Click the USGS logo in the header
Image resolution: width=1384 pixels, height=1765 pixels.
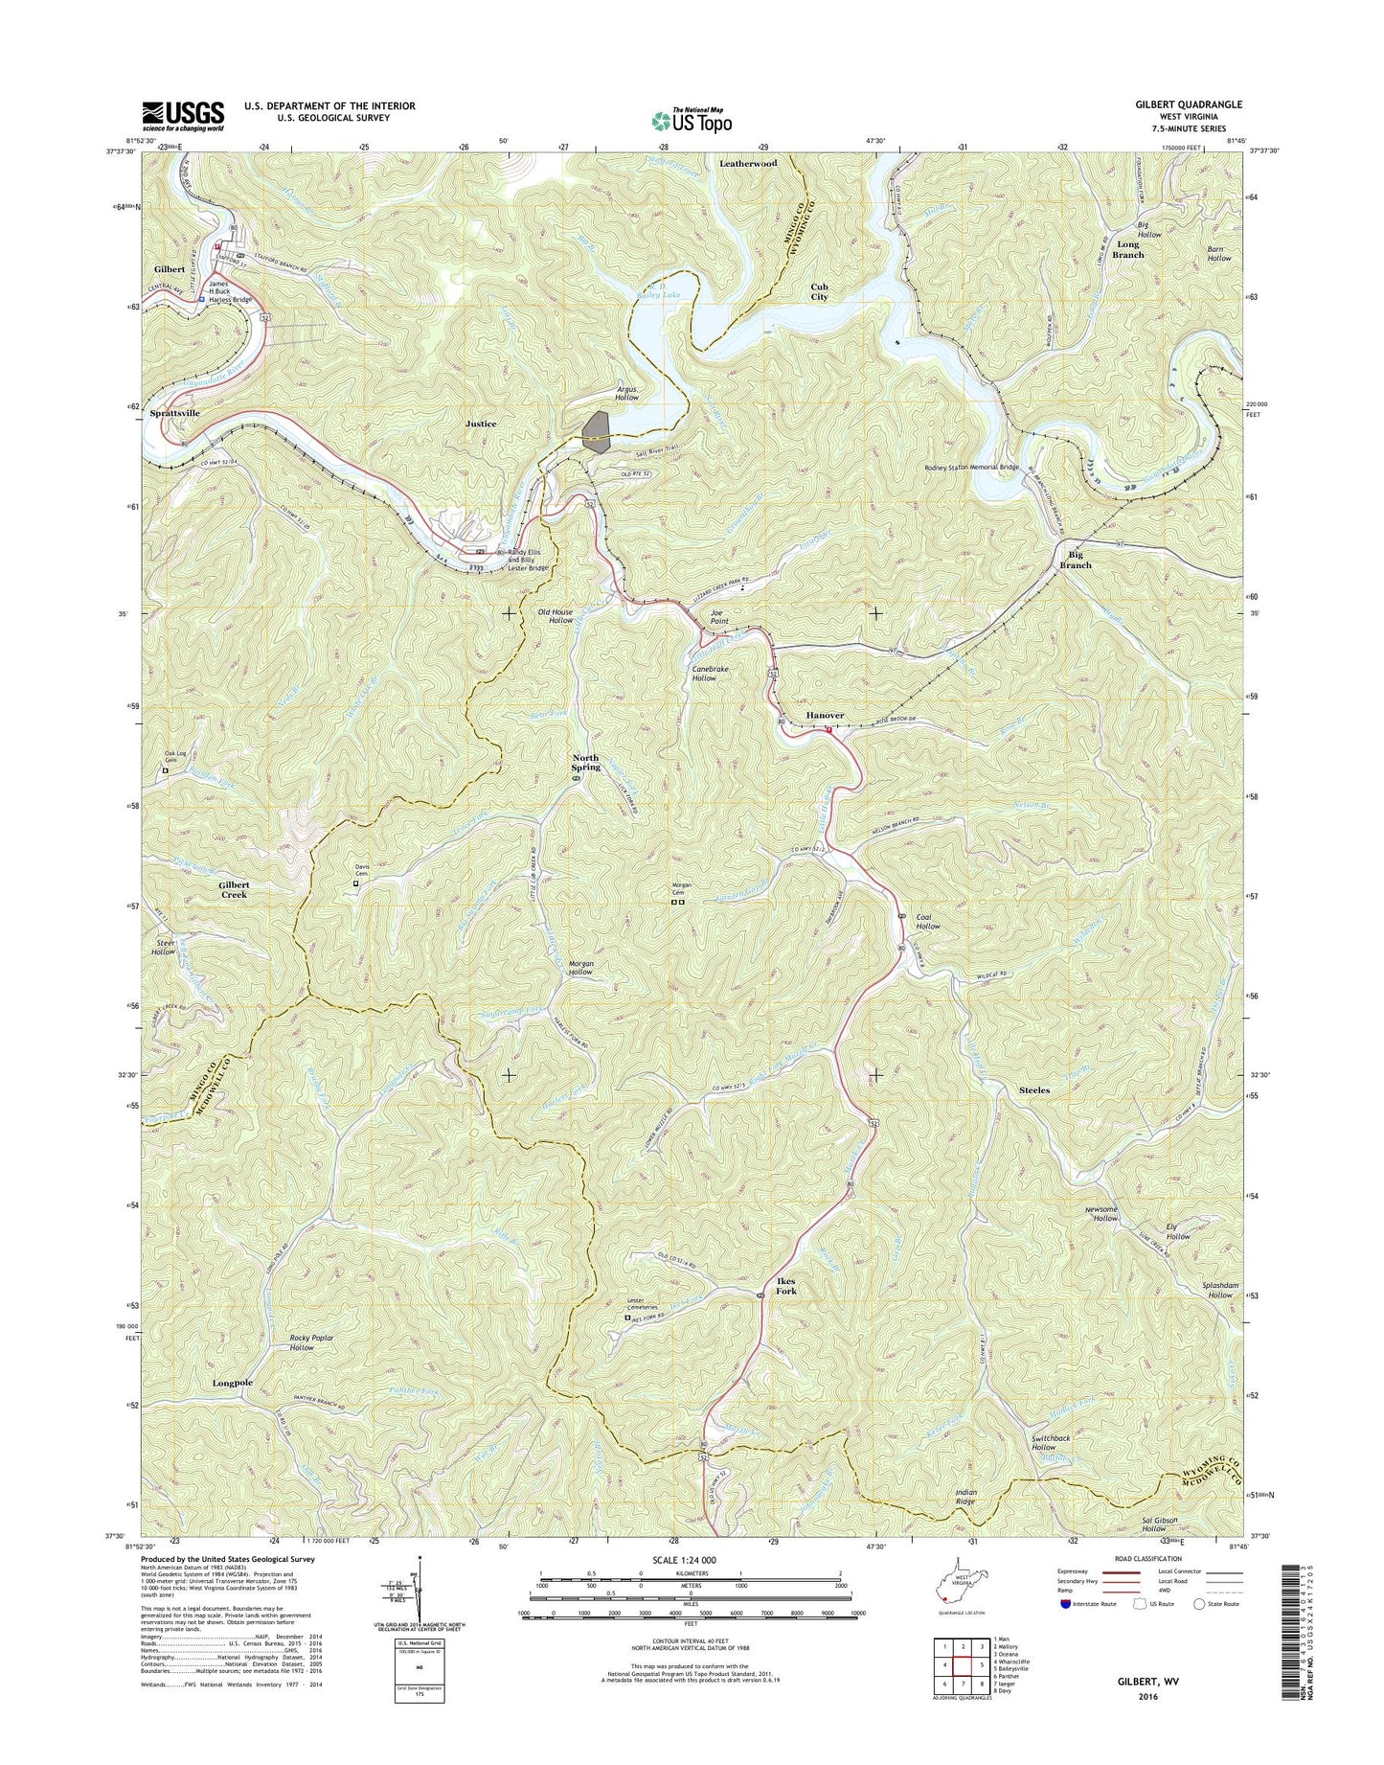pyautogui.click(x=183, y=115)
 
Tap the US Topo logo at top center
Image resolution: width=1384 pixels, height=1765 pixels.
pyautogui.click(x=692, y=120)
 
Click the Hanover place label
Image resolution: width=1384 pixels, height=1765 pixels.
pyautogui.click(x=825, y=715)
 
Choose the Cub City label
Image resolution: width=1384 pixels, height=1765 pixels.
pyautogui.click(x=819, y=291)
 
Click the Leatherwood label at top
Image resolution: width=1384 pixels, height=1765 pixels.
pyautogui.click(x=748, y=164)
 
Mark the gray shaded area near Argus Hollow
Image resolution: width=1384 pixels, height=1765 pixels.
pyautogui.click(x=597, y=431)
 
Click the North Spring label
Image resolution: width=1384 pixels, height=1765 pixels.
pyautogui.click(x=585, y=762)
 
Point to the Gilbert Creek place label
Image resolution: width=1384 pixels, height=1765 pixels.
pyautogui.click(x=235, y=889)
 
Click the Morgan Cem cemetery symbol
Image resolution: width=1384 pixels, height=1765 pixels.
pyautogui.click(x=678, y=901)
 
